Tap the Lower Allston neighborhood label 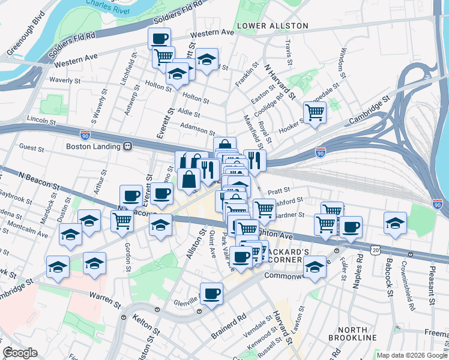272,26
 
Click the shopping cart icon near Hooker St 315,112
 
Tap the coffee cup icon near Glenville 211,294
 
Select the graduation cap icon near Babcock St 394,223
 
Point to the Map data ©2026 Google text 411,355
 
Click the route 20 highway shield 375,248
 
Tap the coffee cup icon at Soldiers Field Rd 159,38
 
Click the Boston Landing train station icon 127,146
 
